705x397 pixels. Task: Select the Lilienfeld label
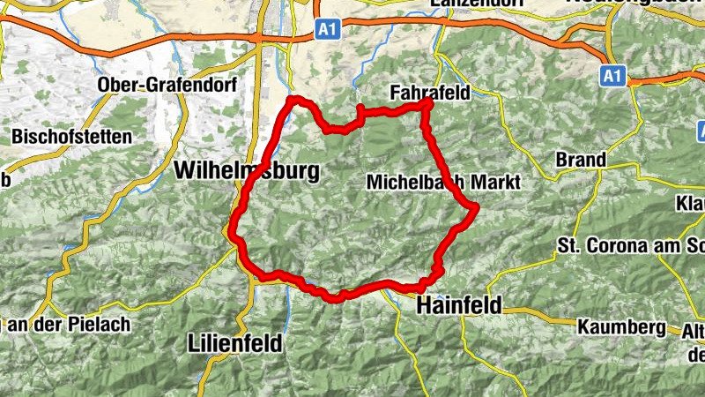(235, 342)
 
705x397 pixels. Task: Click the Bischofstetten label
(72, 137)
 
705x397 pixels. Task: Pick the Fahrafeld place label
(430, 92)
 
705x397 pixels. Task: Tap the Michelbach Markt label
(443, 182)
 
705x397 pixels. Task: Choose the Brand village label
(581, 161)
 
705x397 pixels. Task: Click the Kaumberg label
(622, 326)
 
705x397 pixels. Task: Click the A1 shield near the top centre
(328, 30)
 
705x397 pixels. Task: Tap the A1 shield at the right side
(613, 77)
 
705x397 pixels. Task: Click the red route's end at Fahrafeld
(429, 103)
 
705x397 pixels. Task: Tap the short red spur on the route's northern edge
(360, 109)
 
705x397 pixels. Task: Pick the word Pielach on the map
(104, 324)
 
